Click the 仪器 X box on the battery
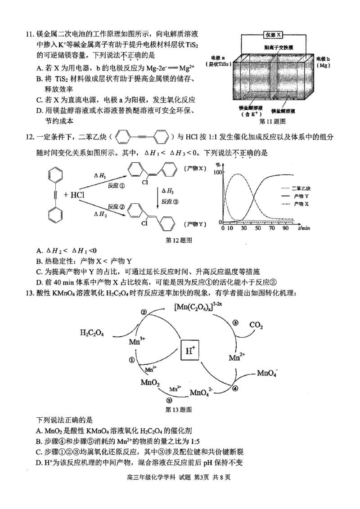click(x=274, y=35)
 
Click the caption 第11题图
click(x=272, y=121)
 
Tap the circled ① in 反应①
click(x=121, y=185)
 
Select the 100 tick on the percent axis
click(x=218, y=173)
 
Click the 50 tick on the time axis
click(x=258, y=228)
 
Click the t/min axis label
click(x=304, y=228)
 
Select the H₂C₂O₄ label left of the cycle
click(x=92, y=333)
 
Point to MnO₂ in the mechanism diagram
click(x=150, y=383)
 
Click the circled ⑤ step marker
click(x=169, y=401)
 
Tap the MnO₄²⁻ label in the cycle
click(x=202, y=392)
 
